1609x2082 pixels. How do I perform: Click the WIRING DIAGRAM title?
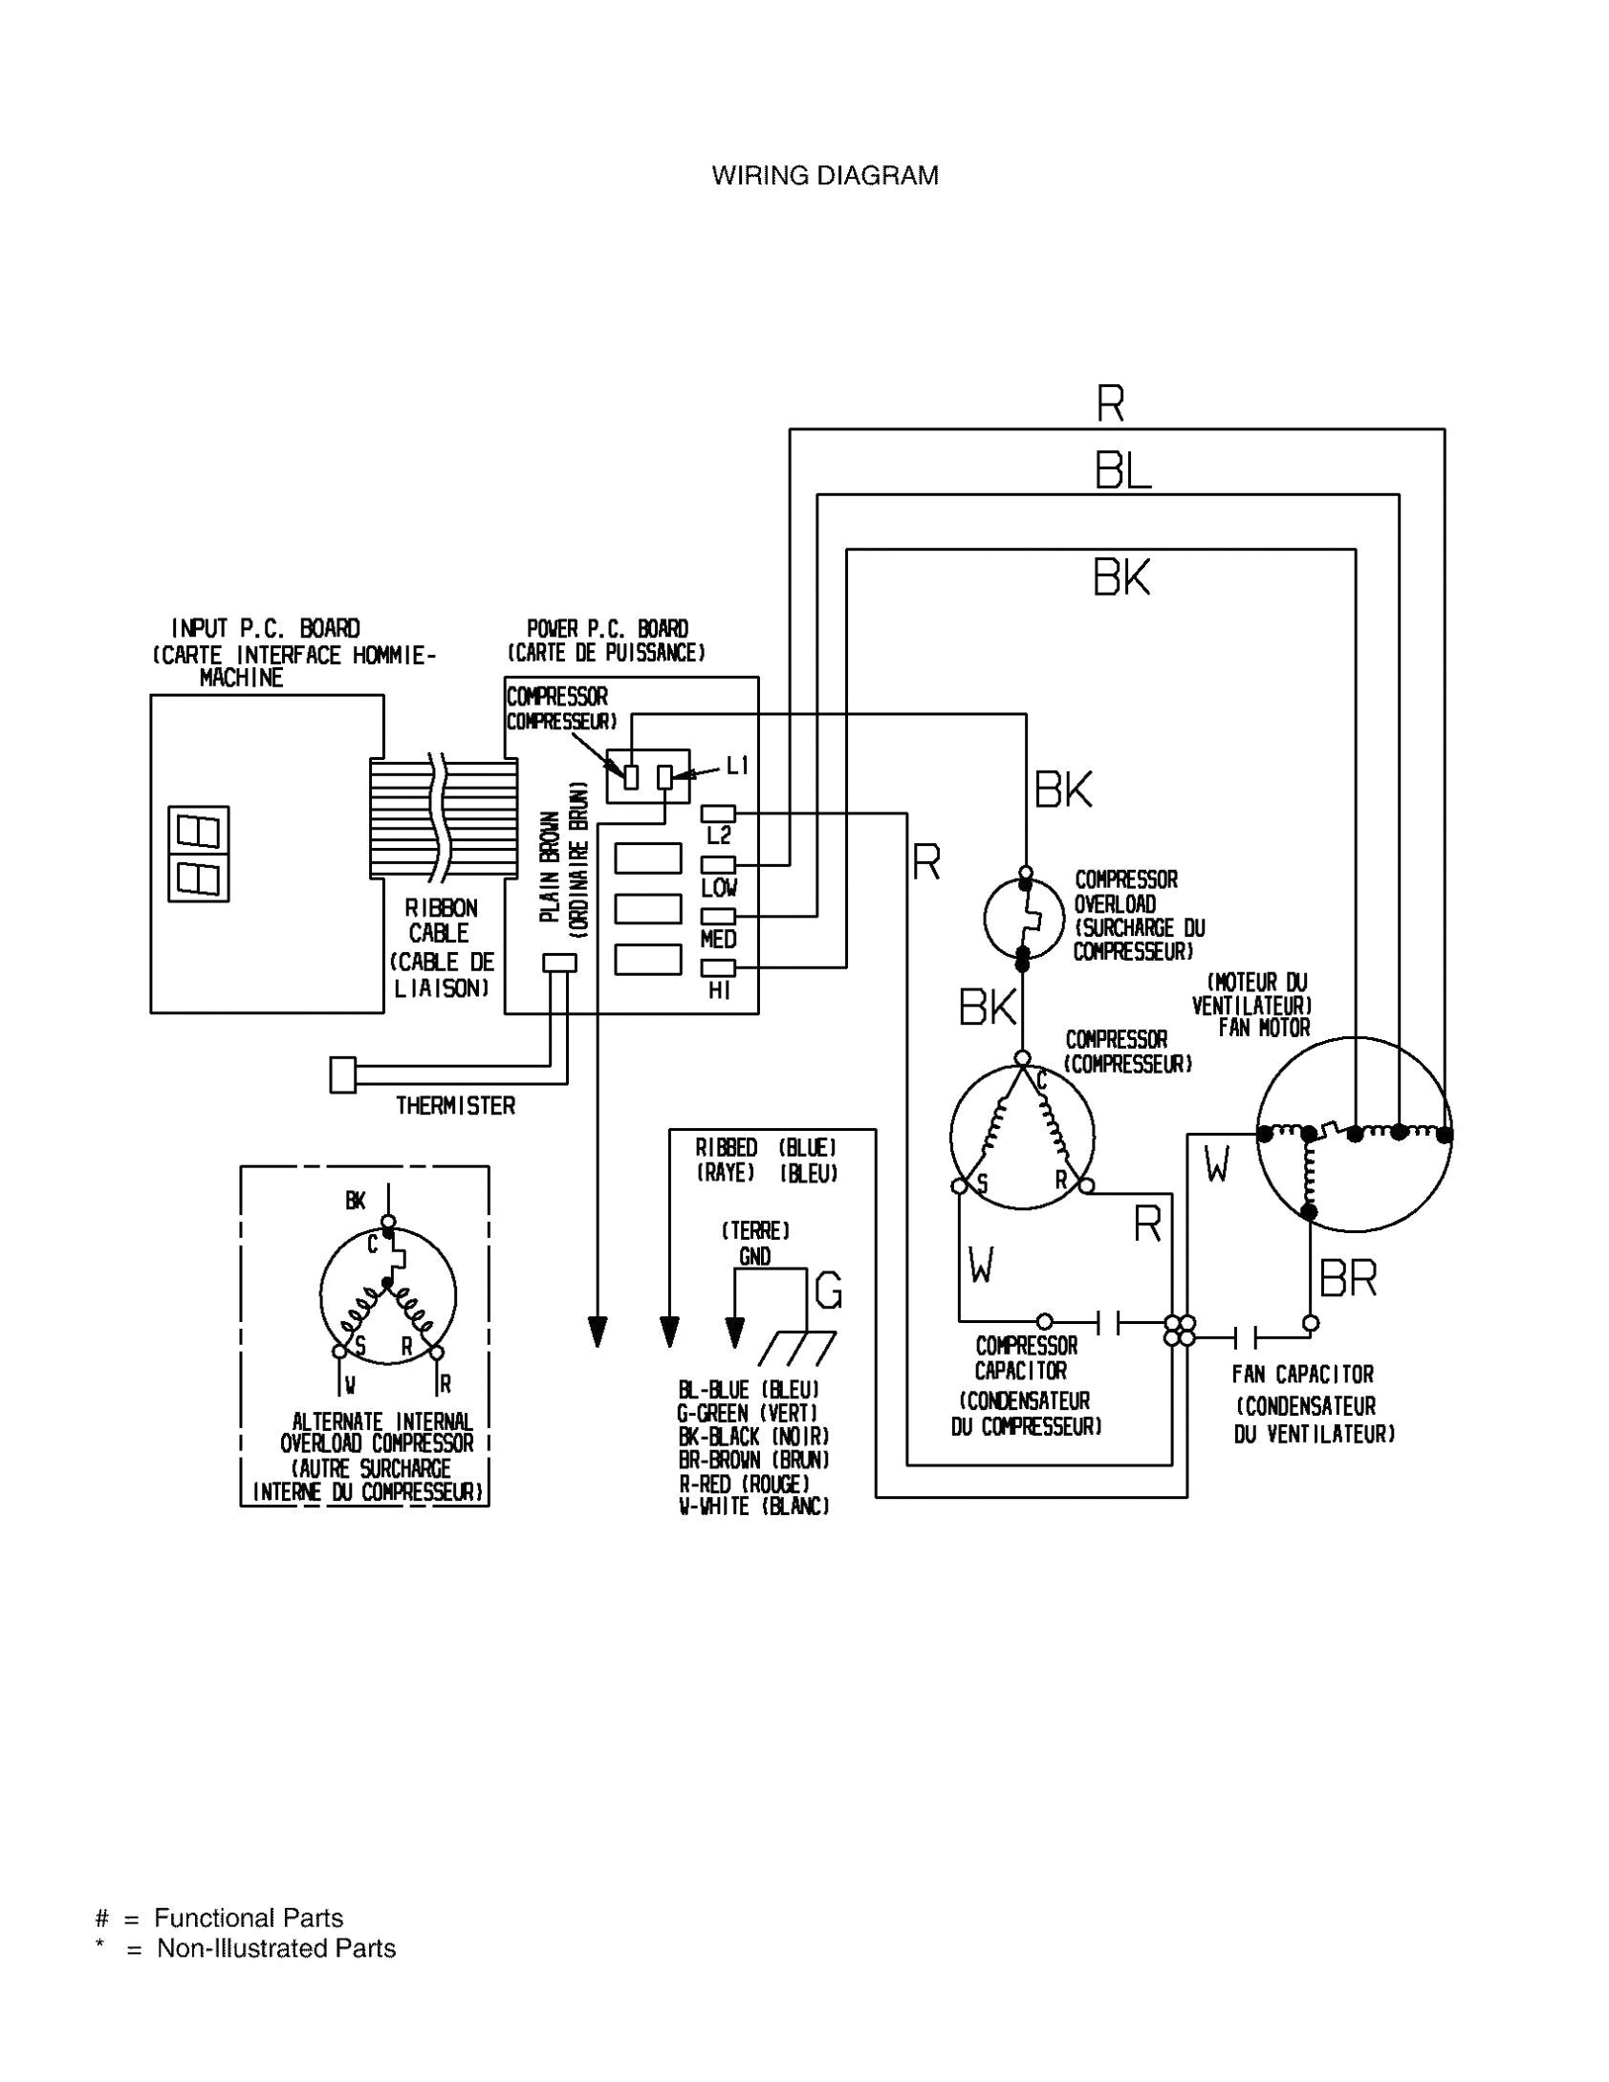(825, 176)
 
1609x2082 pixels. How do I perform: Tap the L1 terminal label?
(737, 765)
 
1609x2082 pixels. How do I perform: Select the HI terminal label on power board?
(719, 991)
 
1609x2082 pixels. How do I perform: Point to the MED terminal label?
(718, 940)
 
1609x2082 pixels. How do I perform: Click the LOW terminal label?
(718, 888)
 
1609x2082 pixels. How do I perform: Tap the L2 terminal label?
(719, 836)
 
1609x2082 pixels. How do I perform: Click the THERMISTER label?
(456, 1106)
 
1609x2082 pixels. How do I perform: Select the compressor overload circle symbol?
(1024, 919)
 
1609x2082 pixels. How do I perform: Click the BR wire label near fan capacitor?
(1348, 1278)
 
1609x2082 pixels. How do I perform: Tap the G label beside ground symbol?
(828, 1292)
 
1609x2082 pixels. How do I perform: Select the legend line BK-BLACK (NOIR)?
(753, 1437)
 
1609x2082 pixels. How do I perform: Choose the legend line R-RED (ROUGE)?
(744, 1484)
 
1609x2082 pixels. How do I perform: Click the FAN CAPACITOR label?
(1302, 1375)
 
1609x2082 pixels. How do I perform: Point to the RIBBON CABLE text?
(440, 920)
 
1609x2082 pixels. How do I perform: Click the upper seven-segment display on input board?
(199, 828)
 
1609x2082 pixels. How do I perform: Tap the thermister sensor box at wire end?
(342, 1074)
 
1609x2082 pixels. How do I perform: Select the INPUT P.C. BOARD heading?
(266, 629)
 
